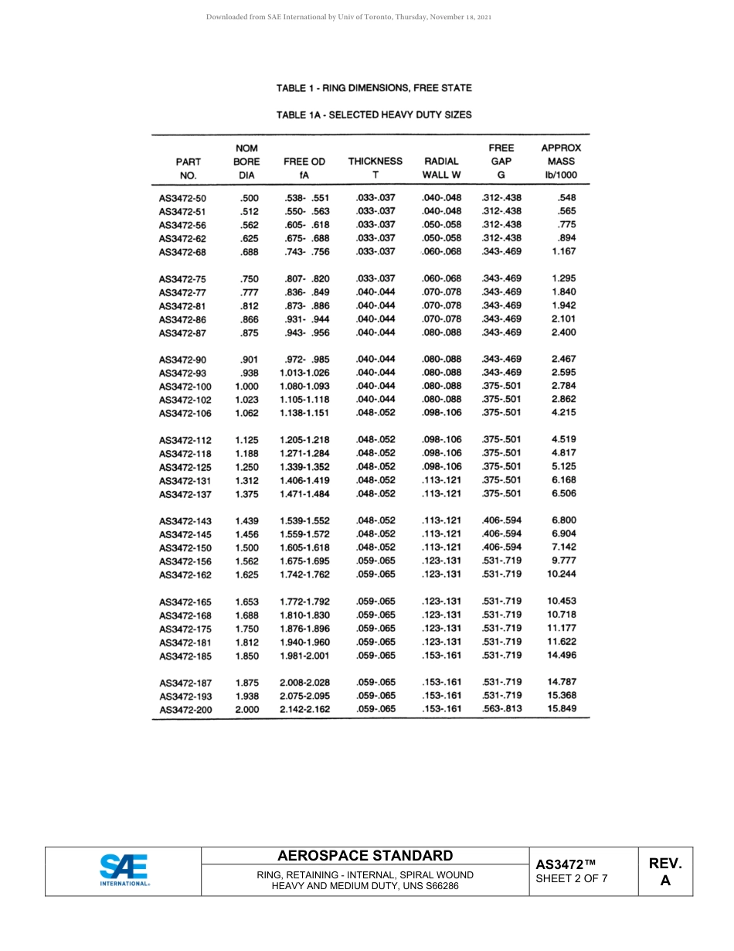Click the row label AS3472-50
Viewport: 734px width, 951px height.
point(182,198)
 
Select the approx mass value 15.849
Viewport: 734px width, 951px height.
point(562,708)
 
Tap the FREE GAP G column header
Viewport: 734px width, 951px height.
point(501,161)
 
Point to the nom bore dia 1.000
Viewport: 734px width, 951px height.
point(246,386)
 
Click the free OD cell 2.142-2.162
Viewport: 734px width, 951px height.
point(304,709)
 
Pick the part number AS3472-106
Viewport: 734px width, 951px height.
point(185,413)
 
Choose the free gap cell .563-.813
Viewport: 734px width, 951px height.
point(501,708)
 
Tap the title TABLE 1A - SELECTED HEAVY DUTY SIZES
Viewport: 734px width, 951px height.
point(374,114)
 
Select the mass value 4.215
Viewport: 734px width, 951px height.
point(563,412)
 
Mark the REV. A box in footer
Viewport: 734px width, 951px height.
point(665,871)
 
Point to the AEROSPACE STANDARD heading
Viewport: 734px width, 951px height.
point(365,856)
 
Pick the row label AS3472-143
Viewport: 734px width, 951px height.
point(185,521)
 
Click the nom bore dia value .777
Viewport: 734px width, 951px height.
point(249,292)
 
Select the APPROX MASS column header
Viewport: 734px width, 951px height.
point(561,161)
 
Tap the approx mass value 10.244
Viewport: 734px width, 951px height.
point(562,574)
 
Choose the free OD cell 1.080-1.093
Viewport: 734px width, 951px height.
point(304,386)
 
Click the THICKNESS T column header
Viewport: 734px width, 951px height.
point(375,168)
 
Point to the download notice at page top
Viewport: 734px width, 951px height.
point(350,16)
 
